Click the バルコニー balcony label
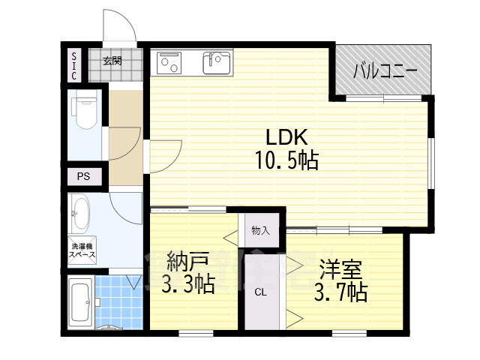385,72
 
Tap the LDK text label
286,137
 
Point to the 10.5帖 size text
286,160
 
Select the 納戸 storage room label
188,262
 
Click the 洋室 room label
341,268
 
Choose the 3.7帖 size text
341,292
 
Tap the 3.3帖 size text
188,285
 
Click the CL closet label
260,292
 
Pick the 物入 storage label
261,230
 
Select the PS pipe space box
84,177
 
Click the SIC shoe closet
74,66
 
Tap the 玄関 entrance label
112,61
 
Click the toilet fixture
85,109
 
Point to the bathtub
81,301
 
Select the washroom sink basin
81,213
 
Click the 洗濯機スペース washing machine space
82,250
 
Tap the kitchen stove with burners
169,63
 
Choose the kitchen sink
217,63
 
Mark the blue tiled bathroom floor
118,301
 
